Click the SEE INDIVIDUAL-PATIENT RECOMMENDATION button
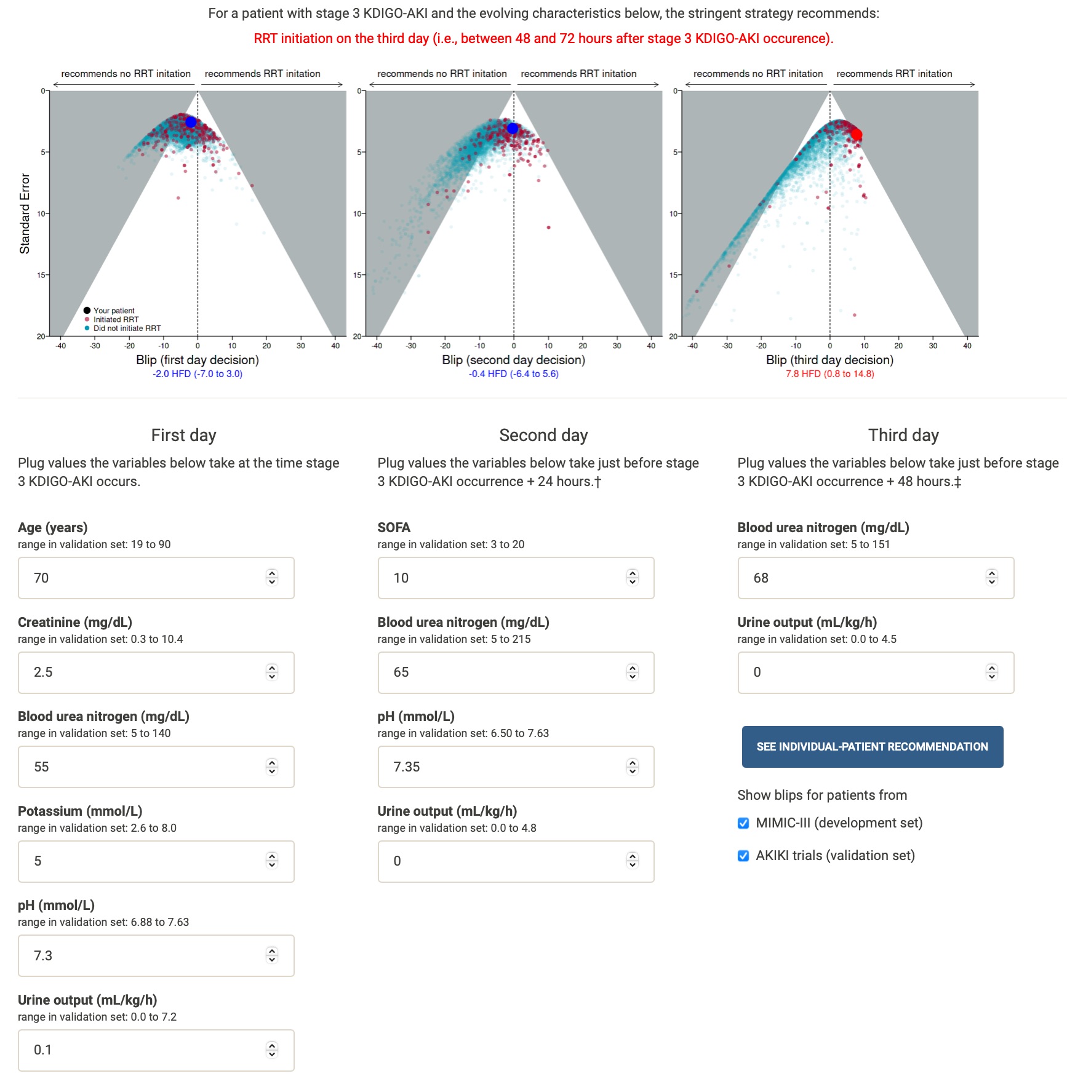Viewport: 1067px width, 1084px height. click(x=872, y=746)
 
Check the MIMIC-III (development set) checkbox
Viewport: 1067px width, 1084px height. click(x=743, y=823)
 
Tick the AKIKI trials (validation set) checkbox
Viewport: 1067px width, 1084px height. click(x=743, y=856)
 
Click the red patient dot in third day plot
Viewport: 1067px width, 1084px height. click(x=856, y=134)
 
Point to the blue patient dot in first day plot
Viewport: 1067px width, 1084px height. click(x=191, y=122)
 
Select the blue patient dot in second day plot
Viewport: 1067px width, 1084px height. click(x=513, y=128)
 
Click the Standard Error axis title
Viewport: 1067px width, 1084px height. click(x=25, y=213)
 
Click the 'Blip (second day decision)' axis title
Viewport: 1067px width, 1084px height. click(x=513, y=360)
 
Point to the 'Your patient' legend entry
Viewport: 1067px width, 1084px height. click(x=114, y=311)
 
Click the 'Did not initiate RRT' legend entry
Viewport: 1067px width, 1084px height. click(x=127, y=328)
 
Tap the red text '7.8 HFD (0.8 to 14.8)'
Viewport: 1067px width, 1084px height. click(x=829, y=374)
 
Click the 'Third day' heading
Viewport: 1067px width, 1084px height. click(x=903, y=435)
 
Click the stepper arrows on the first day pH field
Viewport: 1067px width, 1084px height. click(x=272, y=955)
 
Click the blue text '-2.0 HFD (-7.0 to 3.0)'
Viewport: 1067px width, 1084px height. click(x=198, y=374)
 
